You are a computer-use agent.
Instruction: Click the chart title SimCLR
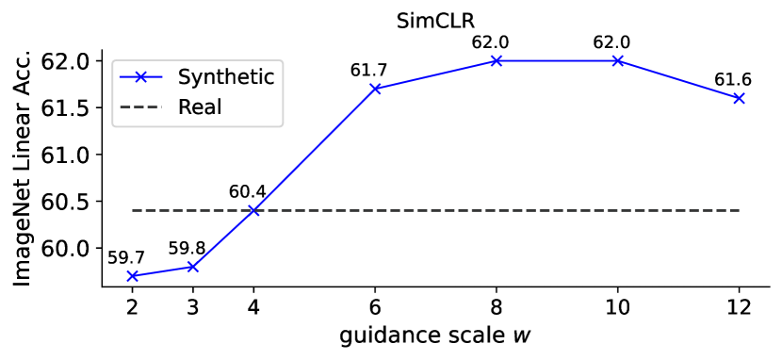(436, 18)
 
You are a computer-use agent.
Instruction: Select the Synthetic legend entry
(226, 76)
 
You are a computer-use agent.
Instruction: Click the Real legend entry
(200, 106)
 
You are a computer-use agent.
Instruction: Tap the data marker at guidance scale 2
(131, 276)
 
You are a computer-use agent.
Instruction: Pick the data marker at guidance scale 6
(375, 89)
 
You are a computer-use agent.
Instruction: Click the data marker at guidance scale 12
(740, 98)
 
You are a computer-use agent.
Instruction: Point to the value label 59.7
(125, 257)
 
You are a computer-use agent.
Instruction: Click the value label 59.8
(187, 248)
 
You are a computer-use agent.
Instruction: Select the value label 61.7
(368, 70)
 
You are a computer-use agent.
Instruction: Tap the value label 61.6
(734, 79)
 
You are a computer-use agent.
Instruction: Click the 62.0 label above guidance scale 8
(497, 41)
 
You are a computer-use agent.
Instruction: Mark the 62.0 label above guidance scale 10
(618, 41)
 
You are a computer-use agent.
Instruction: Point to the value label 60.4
(247, 191)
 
